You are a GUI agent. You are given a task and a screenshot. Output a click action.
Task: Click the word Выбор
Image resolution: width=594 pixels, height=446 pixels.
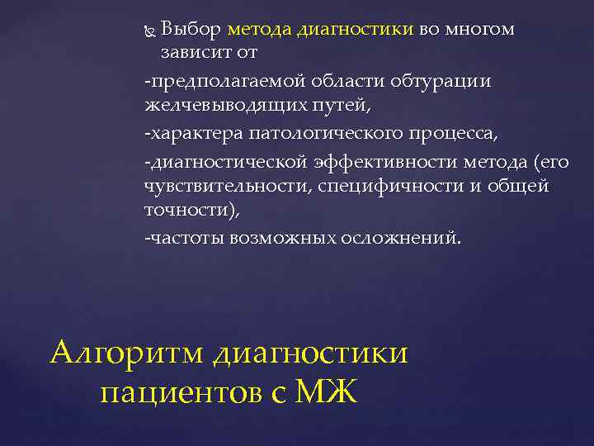coord(191,31)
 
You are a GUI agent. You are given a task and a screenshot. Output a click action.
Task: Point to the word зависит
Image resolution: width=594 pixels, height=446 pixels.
coord(195,52)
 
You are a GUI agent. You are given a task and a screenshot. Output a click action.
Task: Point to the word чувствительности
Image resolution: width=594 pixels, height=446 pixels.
coord(222,186)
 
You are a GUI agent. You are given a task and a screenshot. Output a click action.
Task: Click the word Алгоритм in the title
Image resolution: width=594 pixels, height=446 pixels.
coord(128,353)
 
